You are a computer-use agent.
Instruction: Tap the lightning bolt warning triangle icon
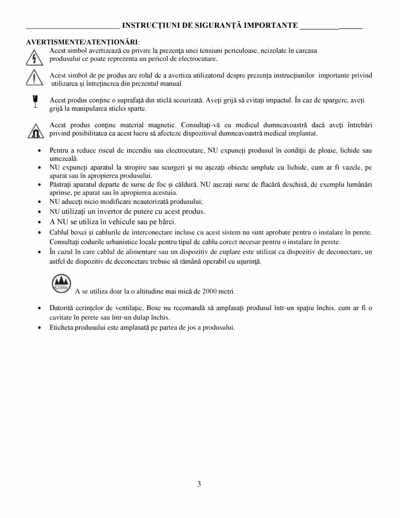pyautogui.click(x=34, y=57)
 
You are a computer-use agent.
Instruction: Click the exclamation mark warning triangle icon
pyautogui.click(x=34, y=79)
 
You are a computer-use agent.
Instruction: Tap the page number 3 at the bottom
pyautogui.click(x=199, y=484)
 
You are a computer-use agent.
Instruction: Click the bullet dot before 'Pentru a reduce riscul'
pyautogui.click(x=40, y=151)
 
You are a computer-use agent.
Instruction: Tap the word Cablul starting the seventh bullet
pyautogui.click(x=59, y=232)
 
